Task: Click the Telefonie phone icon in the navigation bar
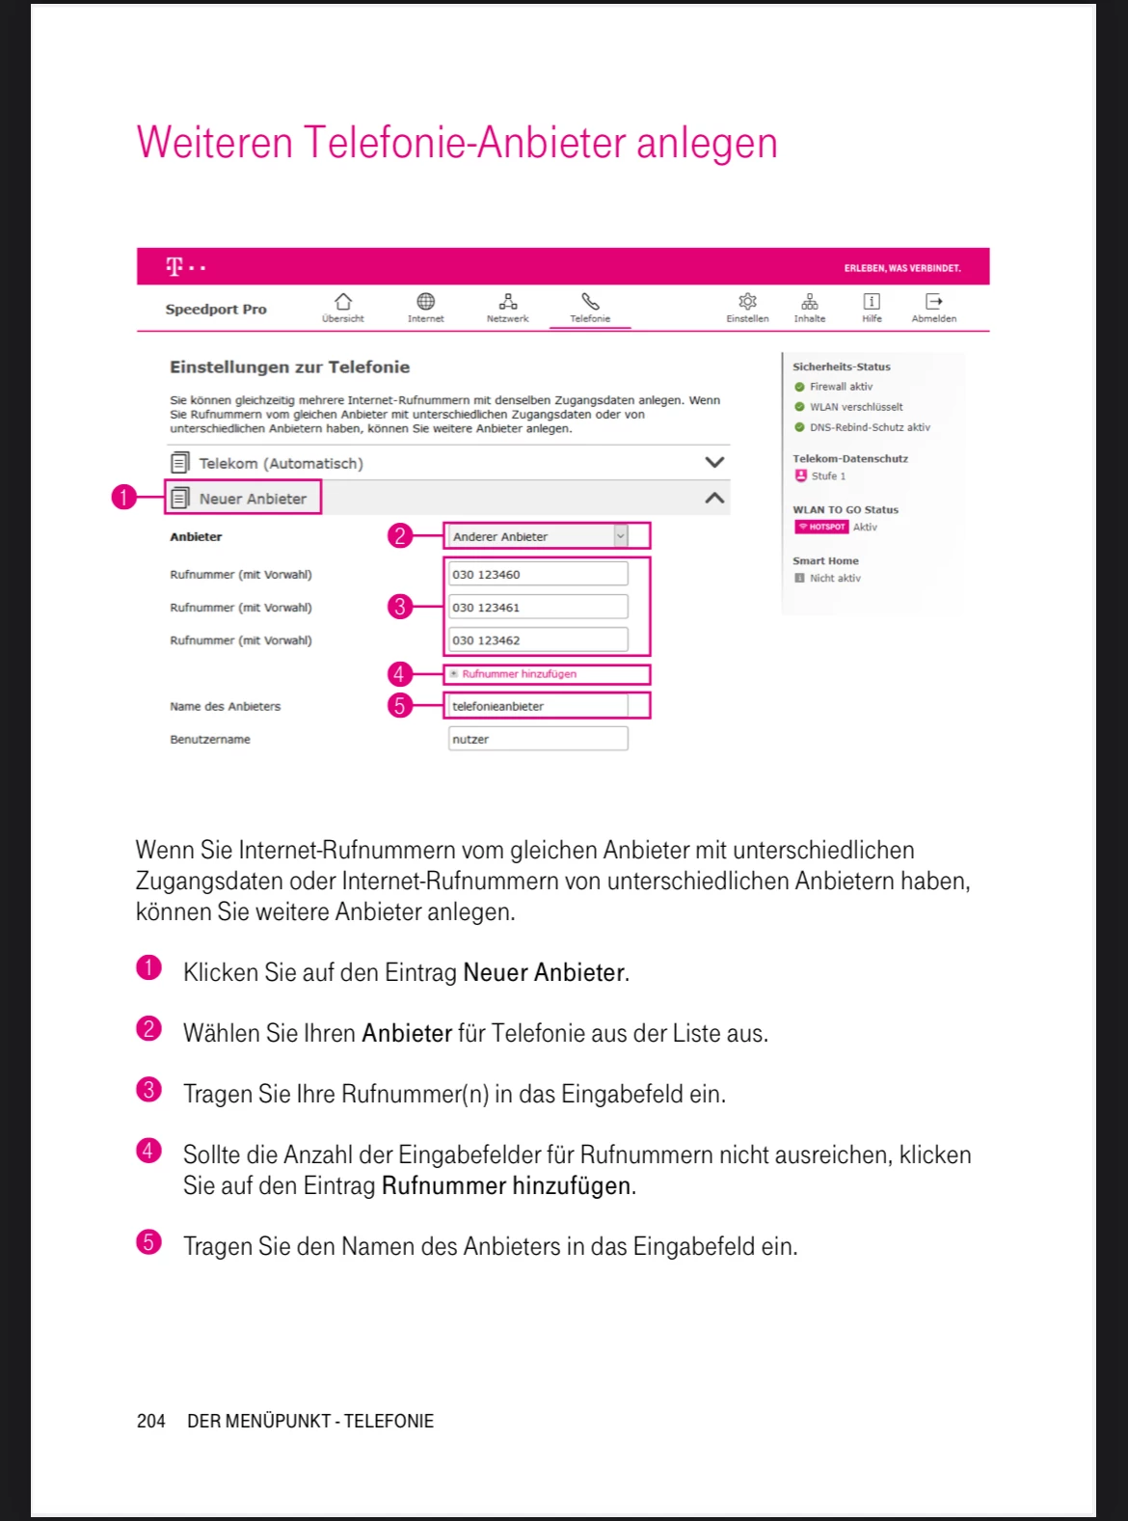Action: pyautogui.click(x=590, y=303)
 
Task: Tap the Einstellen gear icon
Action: pyautogui.click(x=747, y=302)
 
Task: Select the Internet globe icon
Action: pyautogui.click(x=425, y=302)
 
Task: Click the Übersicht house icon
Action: pyautogui.click(x=343, y=302)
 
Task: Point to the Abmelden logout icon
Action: pyautogui.click(x=933, y=302)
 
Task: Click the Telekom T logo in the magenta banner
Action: pyautogui.click(x=175, y=267)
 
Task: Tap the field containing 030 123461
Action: pyautogui.click(x=537, y=608)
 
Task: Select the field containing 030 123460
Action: pyautogui.click(x=537, y=575)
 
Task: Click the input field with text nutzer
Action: pyautogui.click(x=537, y=740)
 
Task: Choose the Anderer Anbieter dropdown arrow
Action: pyautogui.click(x=620, y=536)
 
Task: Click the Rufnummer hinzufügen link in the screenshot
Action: pyautogui.click(x=519, y=674)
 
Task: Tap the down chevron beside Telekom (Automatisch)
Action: pyautogui.click(x=714, y=463)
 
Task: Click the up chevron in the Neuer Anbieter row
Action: pyautogui.click(x=714, y=499)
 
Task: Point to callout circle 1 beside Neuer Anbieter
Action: pyautogui.click(x=123, y=498)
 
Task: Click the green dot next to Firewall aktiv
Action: pyautogui.click(x=799, y=387)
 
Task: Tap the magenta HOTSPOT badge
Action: pyautogui.click(x=821, y=528)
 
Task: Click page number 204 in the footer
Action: pyautogui.click(x=151, y=1421)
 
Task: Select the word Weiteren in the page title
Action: pyautogui.click(x=214, y=143)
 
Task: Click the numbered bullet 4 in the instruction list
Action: pyautogui.click(x=148, y=1151)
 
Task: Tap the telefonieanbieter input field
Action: pyautogui.click(x=537, y=707)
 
